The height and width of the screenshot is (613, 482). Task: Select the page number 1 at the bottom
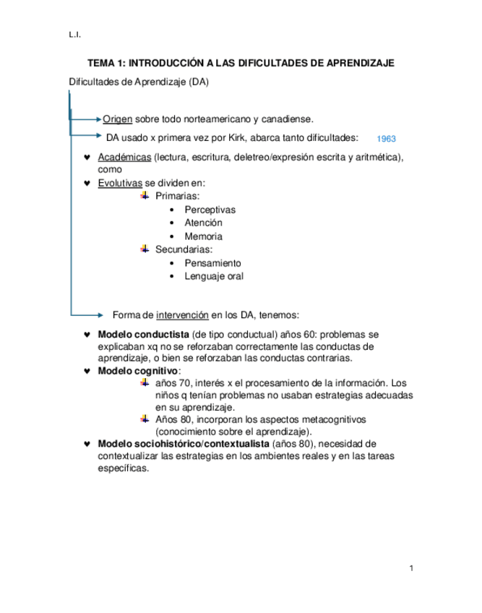click(410, 567)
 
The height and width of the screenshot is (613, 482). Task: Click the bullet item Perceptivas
click(210, 210)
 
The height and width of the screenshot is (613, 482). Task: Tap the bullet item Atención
click(203, 223)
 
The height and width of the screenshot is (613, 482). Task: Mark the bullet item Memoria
click(203, 236)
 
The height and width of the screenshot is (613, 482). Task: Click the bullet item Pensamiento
click(213, 262)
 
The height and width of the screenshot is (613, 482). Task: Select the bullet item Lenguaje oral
click(214, 275)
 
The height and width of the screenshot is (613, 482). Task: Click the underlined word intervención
click(183, 314)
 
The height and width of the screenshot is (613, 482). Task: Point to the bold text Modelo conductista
click(142, 335)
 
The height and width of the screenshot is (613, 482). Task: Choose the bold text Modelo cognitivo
click(137, 370)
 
